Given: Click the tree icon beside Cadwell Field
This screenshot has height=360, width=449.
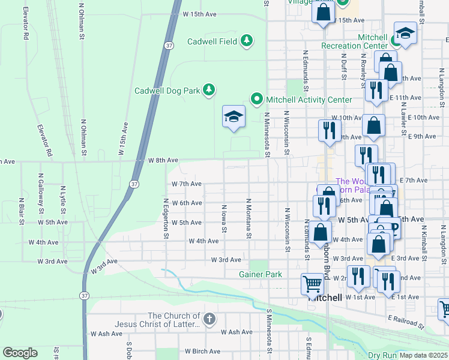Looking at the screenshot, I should pyautogui.click(x=246, y=41).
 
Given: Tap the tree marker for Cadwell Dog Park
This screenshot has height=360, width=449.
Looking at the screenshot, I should pyautogui.click(x=208, y=90).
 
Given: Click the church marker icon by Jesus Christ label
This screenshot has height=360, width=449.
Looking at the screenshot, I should pyautogui.click(x=208, y=318).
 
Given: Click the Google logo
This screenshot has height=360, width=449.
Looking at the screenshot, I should pyautogui.click(x=20, y=352).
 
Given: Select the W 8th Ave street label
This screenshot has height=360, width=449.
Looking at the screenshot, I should pyautogui.click(x=163, y=160).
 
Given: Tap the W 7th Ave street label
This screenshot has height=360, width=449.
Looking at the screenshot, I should pyautogui.click(x=186, y=184).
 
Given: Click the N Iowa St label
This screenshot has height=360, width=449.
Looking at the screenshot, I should pyautogui.click(x=224, y=218).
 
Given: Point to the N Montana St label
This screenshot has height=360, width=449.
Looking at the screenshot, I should pyautogui.click(x=247, y=218).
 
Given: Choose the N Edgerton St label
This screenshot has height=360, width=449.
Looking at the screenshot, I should pyautogui.click(x=166, y=218).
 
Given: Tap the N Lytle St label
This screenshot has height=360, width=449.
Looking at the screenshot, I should pyautogui.click(x=62, y=200).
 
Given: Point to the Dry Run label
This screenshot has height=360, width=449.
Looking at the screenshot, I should pyautogui.click(x=382, y=355).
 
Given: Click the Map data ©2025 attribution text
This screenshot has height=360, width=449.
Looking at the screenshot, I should pyautogui.click(x=423, y=355).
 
